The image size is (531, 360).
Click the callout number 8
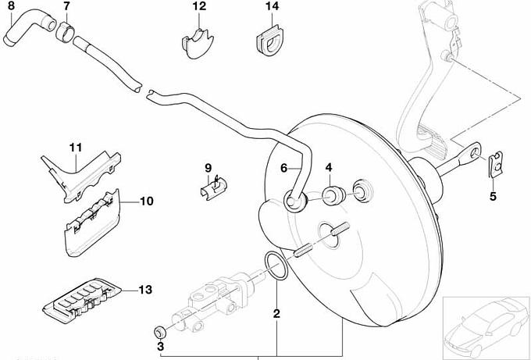tap(10, 6)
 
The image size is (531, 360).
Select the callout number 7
tap(66, 6)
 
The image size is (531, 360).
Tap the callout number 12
tap(199, 6)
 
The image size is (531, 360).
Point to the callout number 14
tap(271, 6)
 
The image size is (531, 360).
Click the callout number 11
tap(75, 148)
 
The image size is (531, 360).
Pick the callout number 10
tap(147, 201)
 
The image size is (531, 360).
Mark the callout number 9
tap(208, 168)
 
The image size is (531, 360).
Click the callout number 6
tap(284, 166)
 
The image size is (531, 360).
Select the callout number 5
tap(493, 196)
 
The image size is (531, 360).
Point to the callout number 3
tap(161, 344)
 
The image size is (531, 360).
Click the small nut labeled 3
tap(159, 329)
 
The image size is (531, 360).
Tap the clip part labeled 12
tap(198, 44)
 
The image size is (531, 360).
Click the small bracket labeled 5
tap(493, 166)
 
